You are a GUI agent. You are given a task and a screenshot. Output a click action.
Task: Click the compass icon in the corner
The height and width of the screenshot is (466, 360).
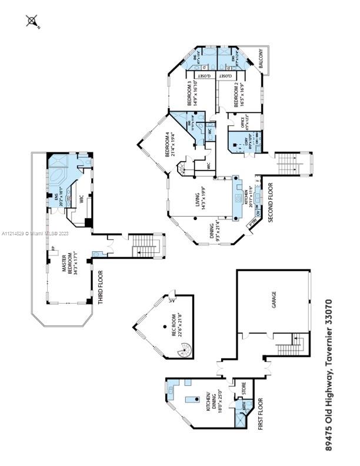pos(32,22)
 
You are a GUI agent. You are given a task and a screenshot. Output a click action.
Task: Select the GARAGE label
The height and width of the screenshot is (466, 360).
pos(275,304)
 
